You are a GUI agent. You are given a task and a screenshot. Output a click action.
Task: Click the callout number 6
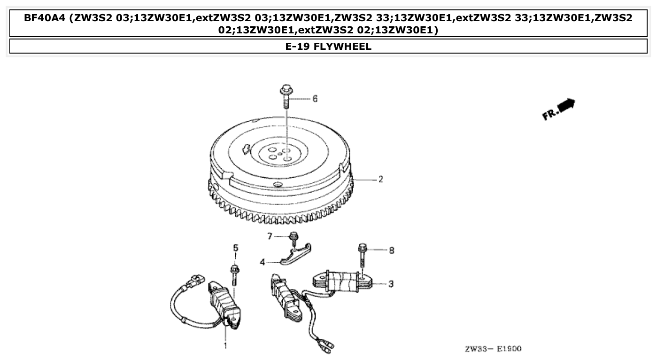pos(315,99)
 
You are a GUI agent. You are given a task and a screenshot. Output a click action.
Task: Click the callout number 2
pos(381,179)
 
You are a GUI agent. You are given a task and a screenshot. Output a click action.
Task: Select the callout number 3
pos(391,284)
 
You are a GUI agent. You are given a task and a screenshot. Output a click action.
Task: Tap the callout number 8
pos(391,250)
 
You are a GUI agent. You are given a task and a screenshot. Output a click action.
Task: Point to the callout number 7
pos(270,236)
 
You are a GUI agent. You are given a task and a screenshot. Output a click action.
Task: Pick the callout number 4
pos(263,262)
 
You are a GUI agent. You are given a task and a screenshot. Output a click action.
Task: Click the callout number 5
pos(236,247)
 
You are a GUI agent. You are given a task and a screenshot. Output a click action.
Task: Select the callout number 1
pos(225,346)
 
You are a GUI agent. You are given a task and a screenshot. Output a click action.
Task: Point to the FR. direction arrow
pos(559,109)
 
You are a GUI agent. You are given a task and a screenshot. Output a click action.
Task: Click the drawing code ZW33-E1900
pos(493,349)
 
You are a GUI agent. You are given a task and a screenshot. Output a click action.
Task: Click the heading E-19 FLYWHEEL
pos(328,47)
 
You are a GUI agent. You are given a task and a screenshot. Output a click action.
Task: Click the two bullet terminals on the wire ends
pos(325,347)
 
